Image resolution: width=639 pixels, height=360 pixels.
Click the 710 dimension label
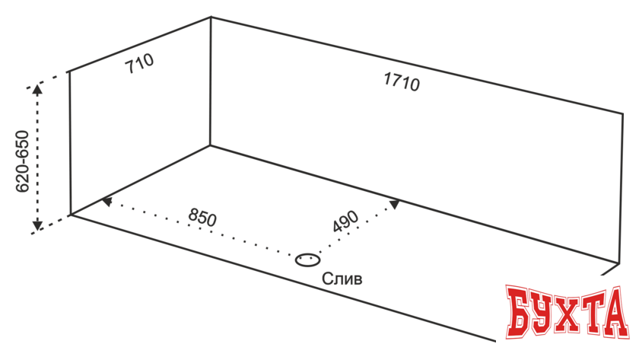(140, 63)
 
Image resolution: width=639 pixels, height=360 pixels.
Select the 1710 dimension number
(401, 81)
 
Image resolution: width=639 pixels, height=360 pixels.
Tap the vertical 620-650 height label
(22, 161)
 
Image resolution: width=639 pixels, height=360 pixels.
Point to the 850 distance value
(202, 218)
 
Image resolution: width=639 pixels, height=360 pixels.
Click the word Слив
(342, 279)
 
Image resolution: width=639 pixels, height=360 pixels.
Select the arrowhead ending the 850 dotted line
(106, 202)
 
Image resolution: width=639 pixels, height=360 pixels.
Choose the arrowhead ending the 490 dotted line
(394, 203)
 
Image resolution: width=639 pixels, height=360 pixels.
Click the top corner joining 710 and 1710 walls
(211, 17)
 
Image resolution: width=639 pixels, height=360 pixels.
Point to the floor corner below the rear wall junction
(211, 145)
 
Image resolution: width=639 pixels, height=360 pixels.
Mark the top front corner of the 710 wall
(69, 72)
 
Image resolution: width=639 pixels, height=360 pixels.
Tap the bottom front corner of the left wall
(70, 215)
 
